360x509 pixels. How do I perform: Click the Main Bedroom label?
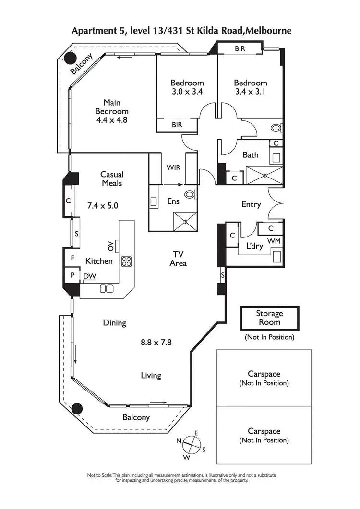coord(111,111)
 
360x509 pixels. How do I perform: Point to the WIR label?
coord(173,168)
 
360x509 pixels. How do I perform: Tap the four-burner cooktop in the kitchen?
coord(127,261)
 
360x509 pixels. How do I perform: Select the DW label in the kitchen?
coord(89,276)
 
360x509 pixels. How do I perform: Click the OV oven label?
coord(111,246)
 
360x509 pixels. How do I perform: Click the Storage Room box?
coord(269,318)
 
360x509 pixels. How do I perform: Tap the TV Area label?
coord(178,259)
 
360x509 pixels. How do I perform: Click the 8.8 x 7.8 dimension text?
coord(156,343)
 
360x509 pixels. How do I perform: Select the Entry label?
coord(251,204)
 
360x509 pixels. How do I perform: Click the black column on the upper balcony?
coord(71,59)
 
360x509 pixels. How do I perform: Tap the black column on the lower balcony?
coord(75,409)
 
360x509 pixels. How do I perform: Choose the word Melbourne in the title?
coord(267,31)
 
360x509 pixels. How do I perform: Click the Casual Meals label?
coord(112,179)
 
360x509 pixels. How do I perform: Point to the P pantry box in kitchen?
coord(72,276)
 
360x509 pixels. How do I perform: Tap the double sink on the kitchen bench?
coord(107,288)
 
